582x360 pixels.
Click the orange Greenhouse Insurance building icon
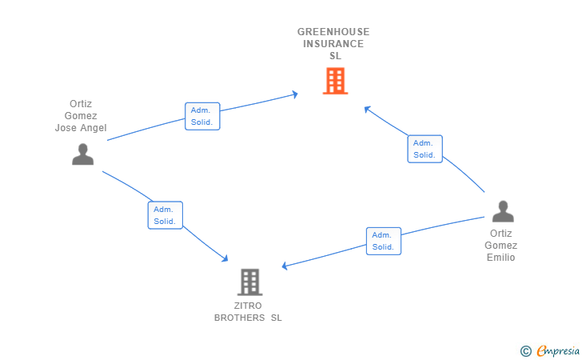tap(335, 81)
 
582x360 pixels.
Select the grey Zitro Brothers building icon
tap(249, 282)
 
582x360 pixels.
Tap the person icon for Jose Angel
tap(82, 154)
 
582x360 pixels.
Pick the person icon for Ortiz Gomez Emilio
tap(502, 211)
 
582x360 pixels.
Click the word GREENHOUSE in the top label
tap(333, 32)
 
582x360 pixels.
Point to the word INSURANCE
tap(333, 44)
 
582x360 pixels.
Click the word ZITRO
tap(249, 306)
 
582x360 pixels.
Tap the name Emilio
tap(501, 258)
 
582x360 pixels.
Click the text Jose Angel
tap(80, 128)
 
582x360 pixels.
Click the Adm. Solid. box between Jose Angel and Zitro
tap(165, 215)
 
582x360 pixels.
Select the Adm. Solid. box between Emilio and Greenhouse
tap(425, 149)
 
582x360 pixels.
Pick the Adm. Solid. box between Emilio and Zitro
tap(384, 241)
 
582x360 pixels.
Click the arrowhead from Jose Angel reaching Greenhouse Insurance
tap(295, 94)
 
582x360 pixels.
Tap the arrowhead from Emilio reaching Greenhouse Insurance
tap(366, 107)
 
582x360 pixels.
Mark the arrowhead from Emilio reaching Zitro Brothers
tap(284, 266)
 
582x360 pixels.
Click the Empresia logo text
tap(557, 350)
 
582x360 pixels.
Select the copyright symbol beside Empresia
tap(525, 350)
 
